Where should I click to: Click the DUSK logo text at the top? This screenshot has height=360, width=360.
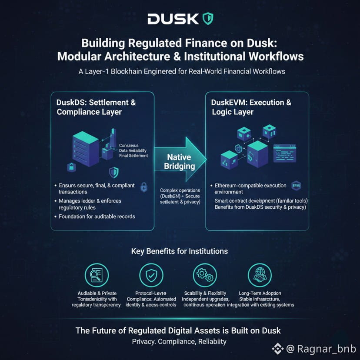[x=173, y=19]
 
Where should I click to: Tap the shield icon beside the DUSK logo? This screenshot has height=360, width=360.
[x=208, y=19]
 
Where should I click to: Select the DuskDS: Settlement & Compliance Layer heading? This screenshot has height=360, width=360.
[x=97, y=107]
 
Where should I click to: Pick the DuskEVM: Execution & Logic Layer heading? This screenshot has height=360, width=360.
[x=251, y=107]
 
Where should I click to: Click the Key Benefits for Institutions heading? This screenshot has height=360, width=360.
[x=180, y=251]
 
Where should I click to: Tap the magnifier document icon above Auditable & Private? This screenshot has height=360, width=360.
[x=97, y=275]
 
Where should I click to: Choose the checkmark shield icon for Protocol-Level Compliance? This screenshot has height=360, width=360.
[x=151, y=275]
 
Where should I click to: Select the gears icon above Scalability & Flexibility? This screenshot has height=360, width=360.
[x=204, y=275]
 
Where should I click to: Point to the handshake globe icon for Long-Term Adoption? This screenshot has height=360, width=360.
[x=260, y=275]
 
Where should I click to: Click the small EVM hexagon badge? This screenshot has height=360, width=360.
[x=296, y=186]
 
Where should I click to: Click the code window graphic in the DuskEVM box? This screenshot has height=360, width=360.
[x=285, y=152]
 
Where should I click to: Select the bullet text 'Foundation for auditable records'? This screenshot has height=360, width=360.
[x=97, y=217]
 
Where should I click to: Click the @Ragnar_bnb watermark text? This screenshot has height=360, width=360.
[x=320, y=348]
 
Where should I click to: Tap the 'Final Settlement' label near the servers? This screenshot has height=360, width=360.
[x=133, y=155]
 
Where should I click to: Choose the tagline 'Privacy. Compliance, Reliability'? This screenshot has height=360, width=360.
[x=179, y=341]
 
